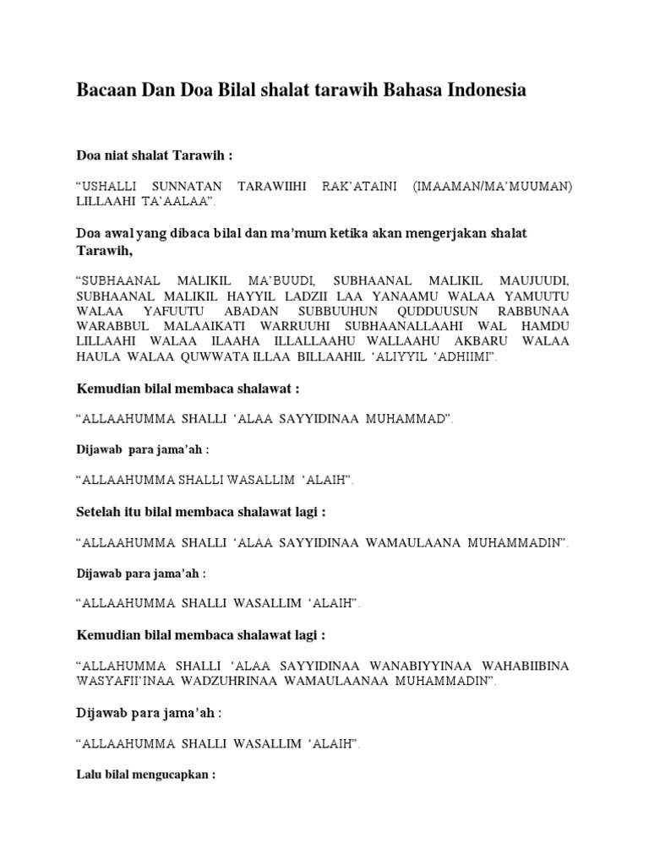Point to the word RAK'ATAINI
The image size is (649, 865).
pyautogui.click(x=351, y=186)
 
